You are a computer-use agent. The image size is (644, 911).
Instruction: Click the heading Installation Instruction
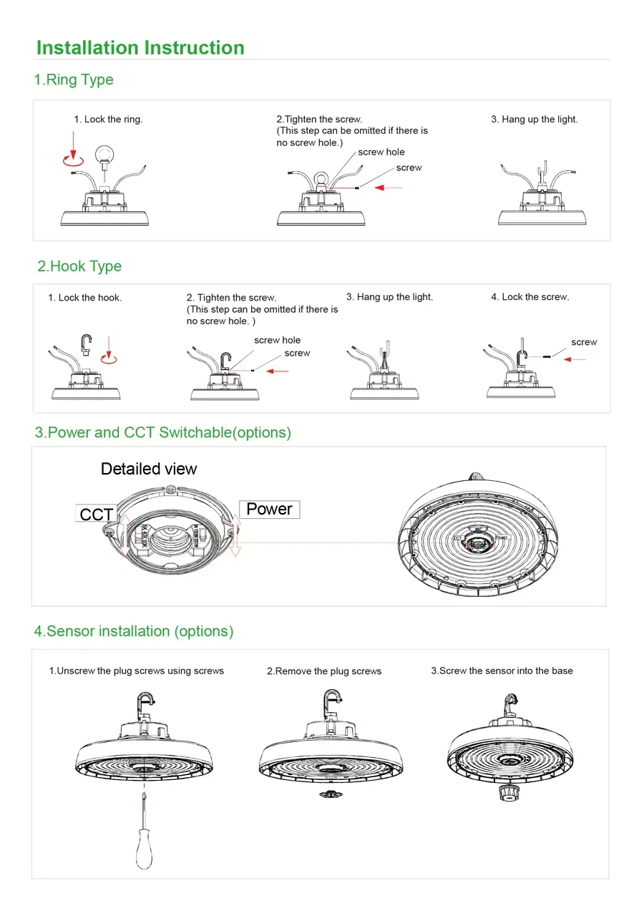pyautogui.click(x=140, y=48)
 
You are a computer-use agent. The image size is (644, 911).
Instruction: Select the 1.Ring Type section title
pyautogui.click(x=74, y=79)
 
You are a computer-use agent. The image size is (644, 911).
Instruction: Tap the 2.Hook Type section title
pyautogui.click(x=79, y=266)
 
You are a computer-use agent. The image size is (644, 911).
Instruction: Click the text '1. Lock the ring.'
pyautogui.click(x=108, y=120)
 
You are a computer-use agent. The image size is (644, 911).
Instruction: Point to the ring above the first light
pyautogui.click(x=106, y=153)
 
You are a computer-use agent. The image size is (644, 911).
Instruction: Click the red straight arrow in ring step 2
pyautogui.click(x=389, y=187)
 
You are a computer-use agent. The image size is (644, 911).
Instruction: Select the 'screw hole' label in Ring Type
pyautogui.click(x=381, y=152)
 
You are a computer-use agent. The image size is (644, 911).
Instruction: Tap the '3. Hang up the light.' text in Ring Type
pyautogui.click(x=534, y=120)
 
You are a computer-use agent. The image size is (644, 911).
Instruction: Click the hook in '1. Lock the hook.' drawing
pyautogui.click(x=85, y=340)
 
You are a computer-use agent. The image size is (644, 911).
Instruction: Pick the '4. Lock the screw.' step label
pyautogui.click(x=530, y=297)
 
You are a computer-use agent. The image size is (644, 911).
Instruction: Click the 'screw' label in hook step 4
pyautogui.click(x=584, y=342)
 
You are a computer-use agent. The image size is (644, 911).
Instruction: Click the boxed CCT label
pyautogui.click(x=96, y=515)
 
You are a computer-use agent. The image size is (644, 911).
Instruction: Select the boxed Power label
pyautogui.click(x=269, y=509)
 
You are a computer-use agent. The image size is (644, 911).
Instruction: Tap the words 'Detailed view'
pyautogui.click(x=149, y=469)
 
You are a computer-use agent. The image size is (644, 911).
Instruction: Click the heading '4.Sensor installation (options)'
pyautogui.click(x=134, y=631)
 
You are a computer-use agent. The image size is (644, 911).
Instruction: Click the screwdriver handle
pyautogui.click(x=144, y=852)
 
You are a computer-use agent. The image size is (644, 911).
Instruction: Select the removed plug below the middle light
pyautogui.click(x=330, y=794)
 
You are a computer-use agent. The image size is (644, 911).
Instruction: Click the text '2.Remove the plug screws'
pyautogui.click(x=324, y=671)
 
